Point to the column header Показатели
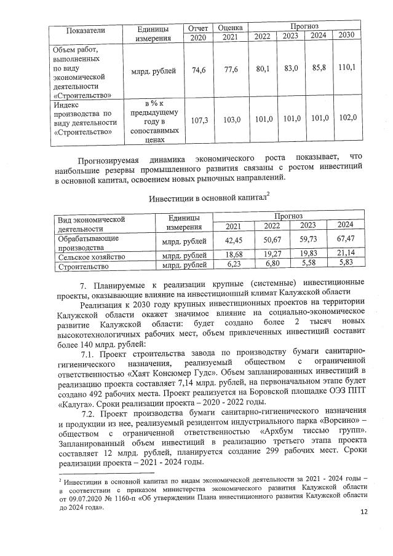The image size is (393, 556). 86,29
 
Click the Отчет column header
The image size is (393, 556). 198,28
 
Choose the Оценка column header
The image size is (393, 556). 231,28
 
